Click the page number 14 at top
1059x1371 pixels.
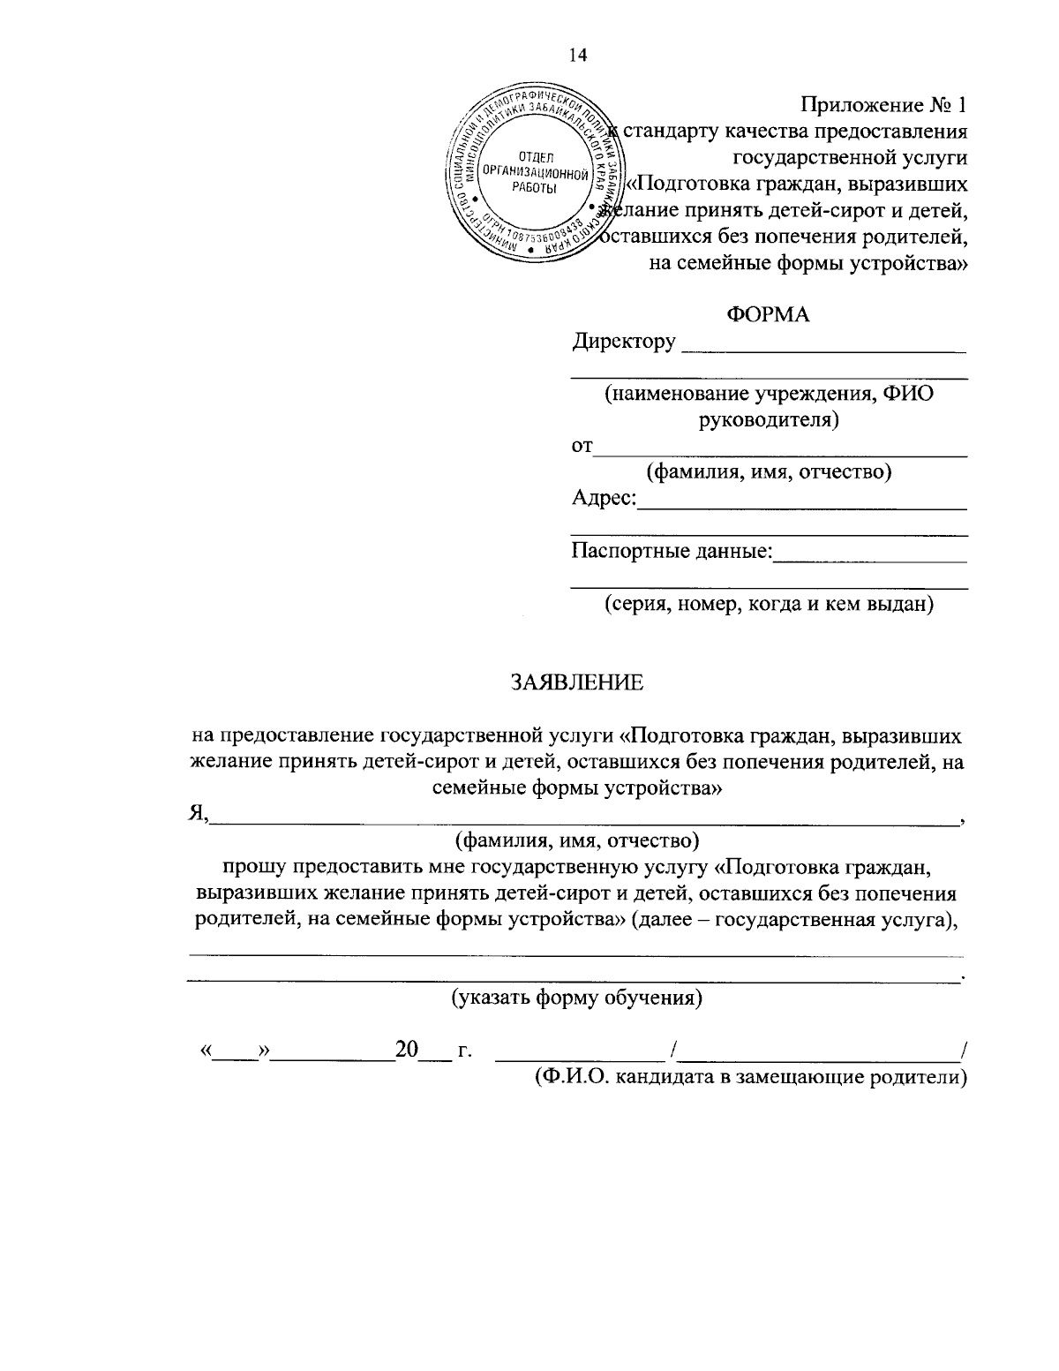tap(578, 55)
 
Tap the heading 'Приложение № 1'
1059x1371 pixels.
tap(883, 105)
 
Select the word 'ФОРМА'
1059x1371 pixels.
tap(767, 314)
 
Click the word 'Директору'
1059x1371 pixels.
tap(624, 341)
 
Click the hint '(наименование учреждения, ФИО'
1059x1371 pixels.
tap(768, 394)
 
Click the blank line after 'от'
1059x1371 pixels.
tap(780, 454)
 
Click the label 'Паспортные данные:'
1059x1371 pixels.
tap(672, 552)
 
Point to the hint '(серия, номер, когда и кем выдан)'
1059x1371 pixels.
tap(768, 605)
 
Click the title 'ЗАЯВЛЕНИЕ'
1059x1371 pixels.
tap(578, 682)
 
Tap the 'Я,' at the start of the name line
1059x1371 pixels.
tap(199, 813)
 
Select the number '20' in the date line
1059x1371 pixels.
tap(406, 1050)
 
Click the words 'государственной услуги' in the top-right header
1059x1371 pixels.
tap(850, 158)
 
